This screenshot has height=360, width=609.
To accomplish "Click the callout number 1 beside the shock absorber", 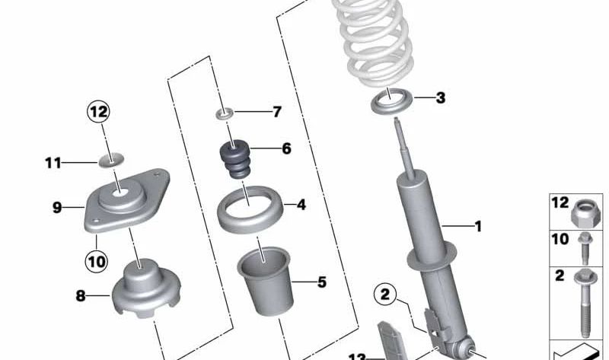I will pyautogui.click(x=477, y=226).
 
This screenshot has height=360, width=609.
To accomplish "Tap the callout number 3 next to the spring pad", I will pyautogui.click(x=440, y=97).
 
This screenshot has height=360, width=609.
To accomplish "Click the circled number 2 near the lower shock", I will pyautogui.click(x=385, y=295).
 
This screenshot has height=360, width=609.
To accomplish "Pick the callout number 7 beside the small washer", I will pyautogui.click(x=276, y=113).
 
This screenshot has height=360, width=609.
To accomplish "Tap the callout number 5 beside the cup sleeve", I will pyautogui.click(x=321, y=282).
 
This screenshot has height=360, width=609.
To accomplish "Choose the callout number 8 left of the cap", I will pyautogui.click(x=81, y=297).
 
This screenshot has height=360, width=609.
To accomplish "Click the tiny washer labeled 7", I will pyautogui.click(x=224, y=114).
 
